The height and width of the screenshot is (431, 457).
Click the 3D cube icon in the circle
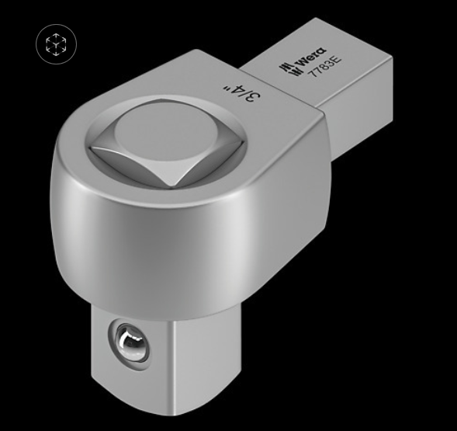coord(56,44)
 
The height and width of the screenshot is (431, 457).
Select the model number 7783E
coord(325,66)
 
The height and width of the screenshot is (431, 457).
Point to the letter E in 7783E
coord(337,60)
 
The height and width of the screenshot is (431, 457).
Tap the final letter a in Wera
coord(321,50)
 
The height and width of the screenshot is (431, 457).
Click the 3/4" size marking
coord(241,92)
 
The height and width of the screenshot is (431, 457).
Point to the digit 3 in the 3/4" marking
coord(254,97)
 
